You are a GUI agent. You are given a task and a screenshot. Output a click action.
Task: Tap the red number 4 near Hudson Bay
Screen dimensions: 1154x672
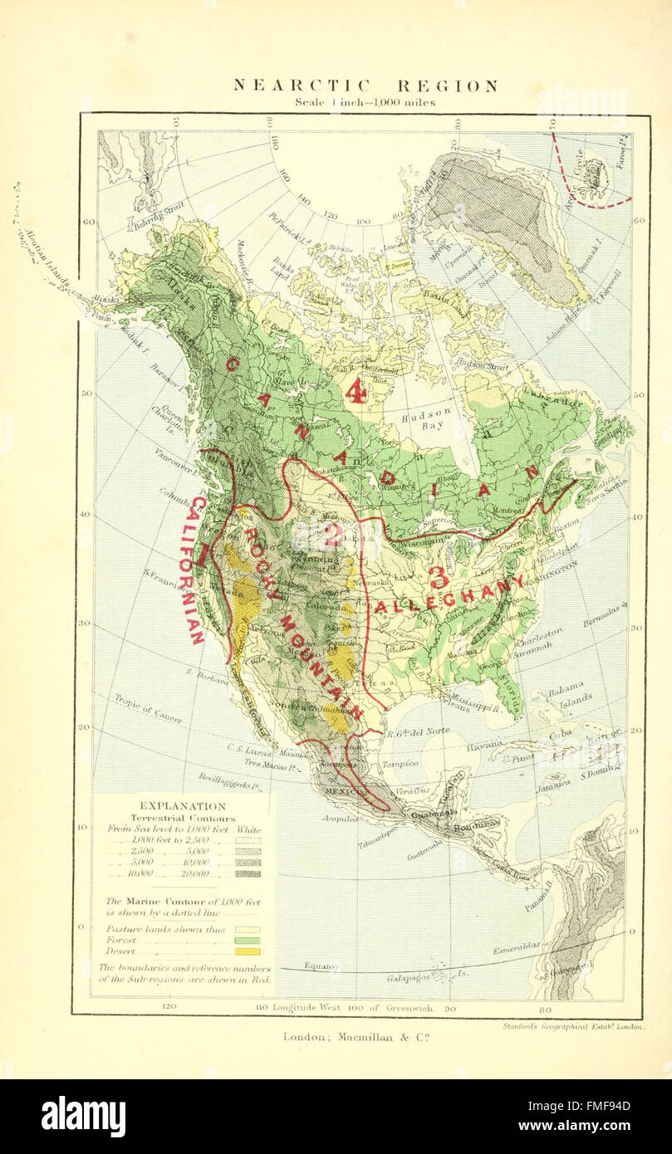coord(356,390)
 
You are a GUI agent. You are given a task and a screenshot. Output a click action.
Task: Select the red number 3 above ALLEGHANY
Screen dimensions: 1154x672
coord(439,576)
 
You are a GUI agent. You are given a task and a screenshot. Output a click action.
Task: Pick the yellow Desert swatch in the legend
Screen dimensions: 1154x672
coord(248,951)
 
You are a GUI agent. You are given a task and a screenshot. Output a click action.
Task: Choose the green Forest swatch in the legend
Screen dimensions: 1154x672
coord(248,940)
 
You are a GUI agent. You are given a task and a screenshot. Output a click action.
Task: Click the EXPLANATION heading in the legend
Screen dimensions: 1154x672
coord(183,805)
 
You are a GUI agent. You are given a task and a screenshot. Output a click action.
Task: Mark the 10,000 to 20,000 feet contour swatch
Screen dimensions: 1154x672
coord(248,873)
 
